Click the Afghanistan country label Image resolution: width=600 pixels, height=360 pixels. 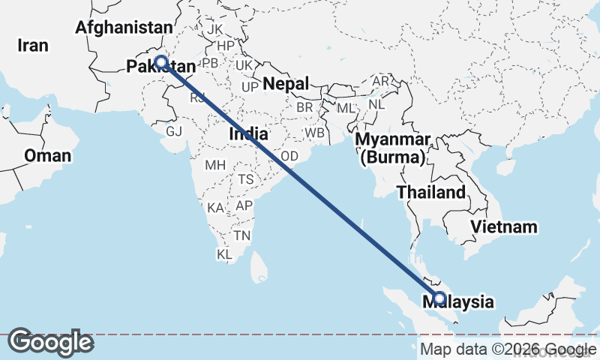[124, 28]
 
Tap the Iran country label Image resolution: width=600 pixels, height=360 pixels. [33, 46]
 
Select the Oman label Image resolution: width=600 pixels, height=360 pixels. [48, 156]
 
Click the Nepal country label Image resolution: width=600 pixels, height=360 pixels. [286, 83]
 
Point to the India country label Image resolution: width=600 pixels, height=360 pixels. [248, 134]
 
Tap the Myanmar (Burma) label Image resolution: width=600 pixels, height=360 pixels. [393, 148]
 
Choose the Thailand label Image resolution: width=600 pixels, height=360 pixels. [431, 193]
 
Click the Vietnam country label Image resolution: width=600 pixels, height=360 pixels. [505, 226]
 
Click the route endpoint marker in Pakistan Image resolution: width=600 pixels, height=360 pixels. [161, 63]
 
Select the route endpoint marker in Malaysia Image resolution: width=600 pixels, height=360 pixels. [439, 298]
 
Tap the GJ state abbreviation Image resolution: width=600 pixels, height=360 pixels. [174, 131]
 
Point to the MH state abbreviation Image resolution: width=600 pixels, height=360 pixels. [215, 165]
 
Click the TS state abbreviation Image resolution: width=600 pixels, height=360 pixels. [246, 180]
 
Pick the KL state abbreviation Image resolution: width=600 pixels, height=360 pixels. [225, 255]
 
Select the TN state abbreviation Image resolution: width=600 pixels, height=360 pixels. [241, 235]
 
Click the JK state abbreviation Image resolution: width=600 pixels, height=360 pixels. [216, 29]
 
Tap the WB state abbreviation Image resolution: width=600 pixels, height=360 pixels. [314, 133]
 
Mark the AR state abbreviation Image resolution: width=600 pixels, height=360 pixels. [382, 81]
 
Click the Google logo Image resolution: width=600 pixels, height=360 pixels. [50, 343]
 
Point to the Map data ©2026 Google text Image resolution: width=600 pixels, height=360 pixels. [504, 349]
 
